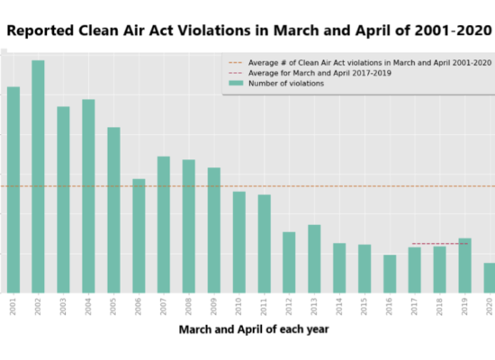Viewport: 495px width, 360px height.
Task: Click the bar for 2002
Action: click(x=38, y=176)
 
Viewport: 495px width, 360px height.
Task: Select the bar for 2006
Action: click(x=139, y=236)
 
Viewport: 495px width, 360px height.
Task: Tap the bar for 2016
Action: click(x=390, y=274)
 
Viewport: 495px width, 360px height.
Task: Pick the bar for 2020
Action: click(x=490, y=278)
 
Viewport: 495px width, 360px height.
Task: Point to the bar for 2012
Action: click(x=289, y=263)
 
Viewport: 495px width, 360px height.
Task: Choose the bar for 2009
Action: click(x=213, y=230)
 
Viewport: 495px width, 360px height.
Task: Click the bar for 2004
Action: click(x=88, y=196)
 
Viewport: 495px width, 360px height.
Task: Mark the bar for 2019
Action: click(x=464, y=265)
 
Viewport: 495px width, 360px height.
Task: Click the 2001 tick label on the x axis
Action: click(x=13, y=307)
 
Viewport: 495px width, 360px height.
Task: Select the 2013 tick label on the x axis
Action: click(x=314, y=307)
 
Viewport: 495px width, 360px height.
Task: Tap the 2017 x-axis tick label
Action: click(x=414, y=307)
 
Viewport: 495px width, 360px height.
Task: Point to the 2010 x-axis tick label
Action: click(x=238, y=307)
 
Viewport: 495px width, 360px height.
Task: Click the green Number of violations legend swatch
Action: click(x=236, y=83)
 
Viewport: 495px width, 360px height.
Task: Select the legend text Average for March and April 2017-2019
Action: click(x=319, y=73)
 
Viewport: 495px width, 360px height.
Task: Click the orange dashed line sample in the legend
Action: click(x=236, y=63)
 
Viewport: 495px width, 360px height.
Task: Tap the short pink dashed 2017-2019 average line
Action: click(x=440, y=244)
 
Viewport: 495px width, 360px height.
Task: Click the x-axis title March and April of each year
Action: click(x=254, y=329)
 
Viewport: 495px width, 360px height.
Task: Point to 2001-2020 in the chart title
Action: click(x=454, y=31)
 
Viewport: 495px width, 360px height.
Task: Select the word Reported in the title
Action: click(x=40, y=31)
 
